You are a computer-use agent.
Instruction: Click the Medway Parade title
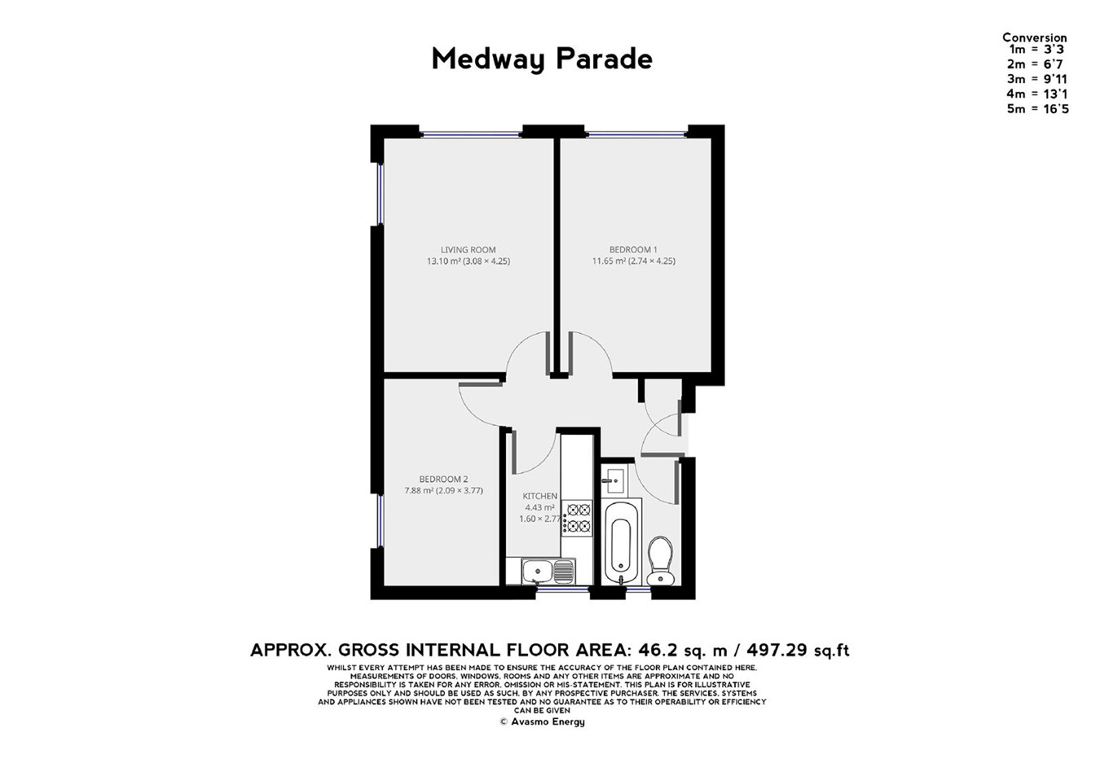click(542, 59)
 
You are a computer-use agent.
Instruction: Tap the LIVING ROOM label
click(468, 250)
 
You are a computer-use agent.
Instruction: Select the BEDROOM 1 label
click(633, 250)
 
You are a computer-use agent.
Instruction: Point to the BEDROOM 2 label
click(443, 480)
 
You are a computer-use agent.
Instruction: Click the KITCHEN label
click(540, 496)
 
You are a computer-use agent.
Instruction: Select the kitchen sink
click(540, 571)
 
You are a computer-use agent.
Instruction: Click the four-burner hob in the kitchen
click(579, 518)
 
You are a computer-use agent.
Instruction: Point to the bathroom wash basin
click(613, 480)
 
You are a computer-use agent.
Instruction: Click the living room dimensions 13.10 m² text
click(469, 261)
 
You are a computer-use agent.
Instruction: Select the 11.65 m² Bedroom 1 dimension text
click(633, 261)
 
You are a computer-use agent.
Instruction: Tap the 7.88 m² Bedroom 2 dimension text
click(443, 491)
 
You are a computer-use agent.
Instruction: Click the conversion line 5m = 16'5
click(1037, 109)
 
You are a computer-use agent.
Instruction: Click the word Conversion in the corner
click(1034, 37)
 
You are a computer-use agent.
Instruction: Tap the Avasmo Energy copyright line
click(542, 721)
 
